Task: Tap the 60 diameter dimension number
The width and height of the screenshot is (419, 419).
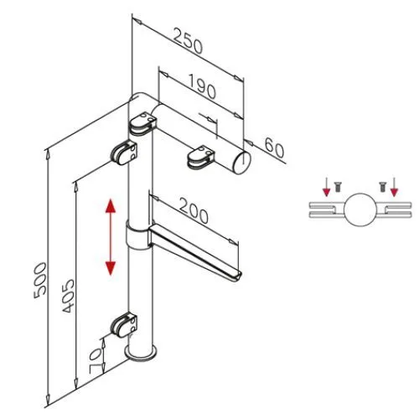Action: (x=273, y=148)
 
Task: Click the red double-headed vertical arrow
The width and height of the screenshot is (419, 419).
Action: (x=110, y=236)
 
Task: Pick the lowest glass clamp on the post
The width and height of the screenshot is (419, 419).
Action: (x=127, y=323)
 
